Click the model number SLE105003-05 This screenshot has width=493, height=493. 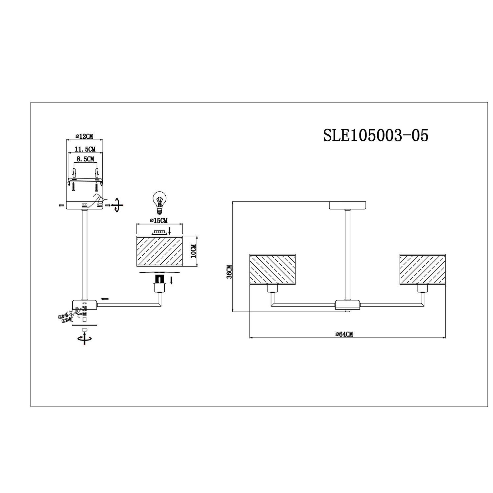(376, 135)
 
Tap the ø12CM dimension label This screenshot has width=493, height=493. (84, 136)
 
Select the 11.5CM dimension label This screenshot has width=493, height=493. (85, 149)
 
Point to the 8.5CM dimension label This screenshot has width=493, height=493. (84, 159)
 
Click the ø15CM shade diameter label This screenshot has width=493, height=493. (158, 220)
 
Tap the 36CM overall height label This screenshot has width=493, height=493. (229, 272)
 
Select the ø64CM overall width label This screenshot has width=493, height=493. (344, 334)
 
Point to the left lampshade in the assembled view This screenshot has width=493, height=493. (273, 268)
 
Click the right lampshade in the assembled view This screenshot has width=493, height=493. (422, 268)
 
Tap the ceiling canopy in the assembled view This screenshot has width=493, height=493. (348, 205)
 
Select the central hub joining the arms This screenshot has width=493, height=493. (347, 305)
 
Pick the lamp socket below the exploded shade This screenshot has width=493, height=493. (159, 284)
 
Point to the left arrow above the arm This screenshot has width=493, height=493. (105, 299)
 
